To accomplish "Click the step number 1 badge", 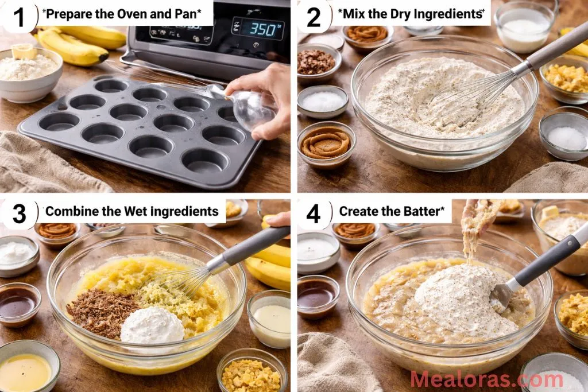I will pos(19,17).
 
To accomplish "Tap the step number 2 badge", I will pos(314,17).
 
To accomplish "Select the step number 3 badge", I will pos(19,213).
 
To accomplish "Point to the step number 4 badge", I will pos(314,213).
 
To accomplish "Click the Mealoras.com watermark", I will pos(486,379).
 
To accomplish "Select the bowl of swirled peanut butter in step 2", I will pos(326,143).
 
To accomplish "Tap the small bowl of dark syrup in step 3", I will pos(18,302).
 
